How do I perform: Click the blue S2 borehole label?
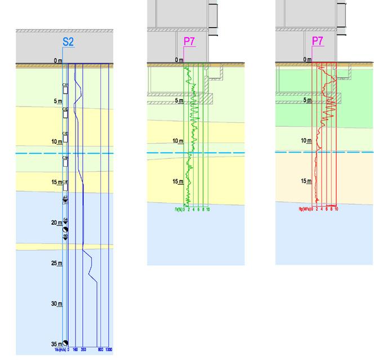[68, 41]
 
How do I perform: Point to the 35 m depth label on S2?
[56, 344]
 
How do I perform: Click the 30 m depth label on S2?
[56, 304]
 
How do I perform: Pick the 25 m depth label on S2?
[56, 263]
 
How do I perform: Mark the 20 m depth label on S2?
[56, 223]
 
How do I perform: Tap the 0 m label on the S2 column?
[57, 60]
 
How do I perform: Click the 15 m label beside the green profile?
[178, 181]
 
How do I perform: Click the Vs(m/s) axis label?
[60, 349]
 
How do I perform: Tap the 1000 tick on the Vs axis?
[109, 349]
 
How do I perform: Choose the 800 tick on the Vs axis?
[100, 349]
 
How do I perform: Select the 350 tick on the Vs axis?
[83, 349]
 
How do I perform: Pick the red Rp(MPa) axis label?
[306, 209]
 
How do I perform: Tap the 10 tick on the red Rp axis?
[336, 209]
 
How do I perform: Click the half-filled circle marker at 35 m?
[65, 343]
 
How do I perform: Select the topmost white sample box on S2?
[65, 90]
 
